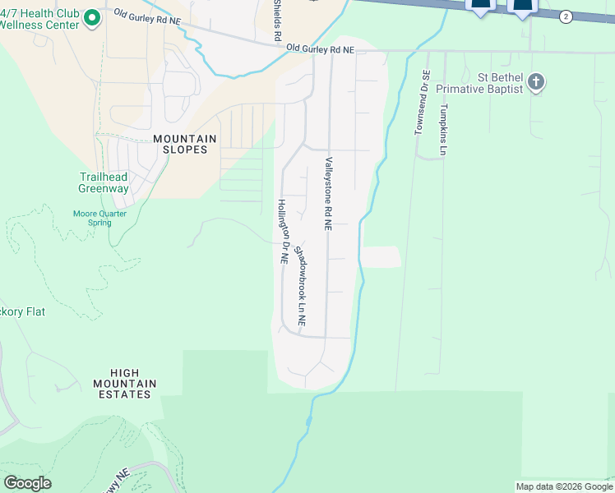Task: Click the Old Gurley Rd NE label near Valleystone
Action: (320, 50)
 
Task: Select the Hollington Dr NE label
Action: (282, 231)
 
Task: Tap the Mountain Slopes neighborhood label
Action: (184, 145)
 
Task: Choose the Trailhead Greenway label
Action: (104, 182)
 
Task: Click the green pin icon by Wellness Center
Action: (92, 17)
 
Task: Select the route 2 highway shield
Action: (566, 16)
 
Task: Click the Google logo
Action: (27, 483)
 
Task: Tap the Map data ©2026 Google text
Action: (563, 486)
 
